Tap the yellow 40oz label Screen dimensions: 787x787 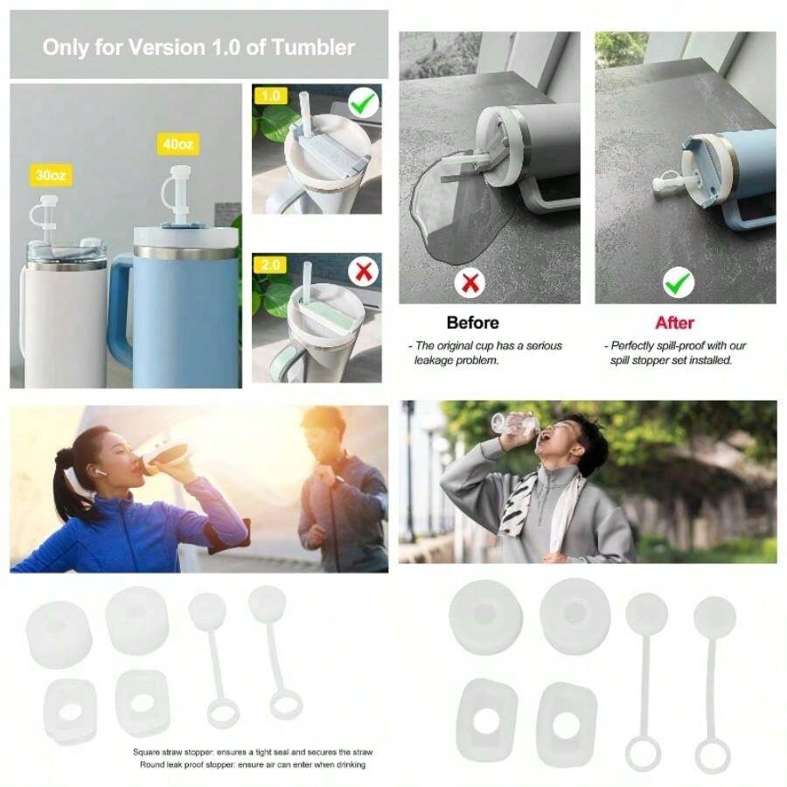pos(175,143)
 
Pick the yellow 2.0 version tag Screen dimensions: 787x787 pos(268,264)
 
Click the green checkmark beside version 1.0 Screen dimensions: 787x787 pos(364,106)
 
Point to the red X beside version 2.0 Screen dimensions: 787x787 pos(364,272)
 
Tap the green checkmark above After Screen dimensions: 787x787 pos(678,282)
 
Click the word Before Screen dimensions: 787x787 pos(472,323)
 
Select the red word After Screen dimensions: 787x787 pos(674,323)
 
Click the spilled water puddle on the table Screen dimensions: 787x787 pos(446,214)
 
